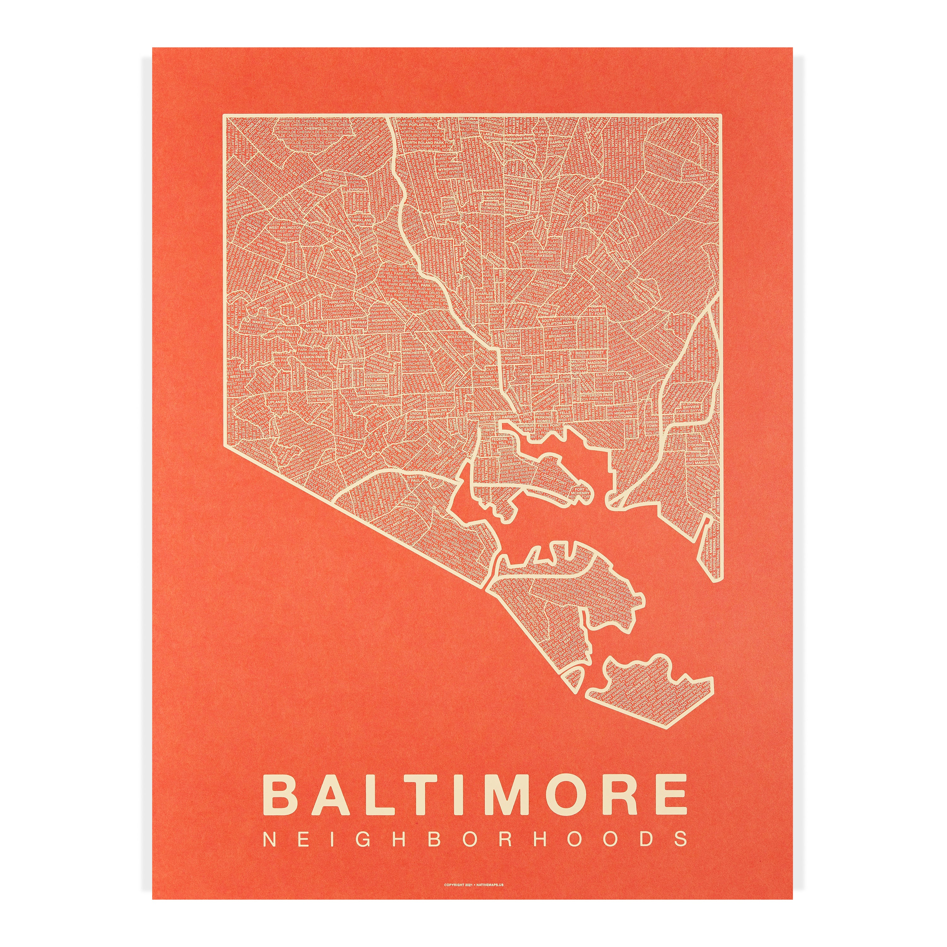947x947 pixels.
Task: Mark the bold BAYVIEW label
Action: (x=695, y=406)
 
